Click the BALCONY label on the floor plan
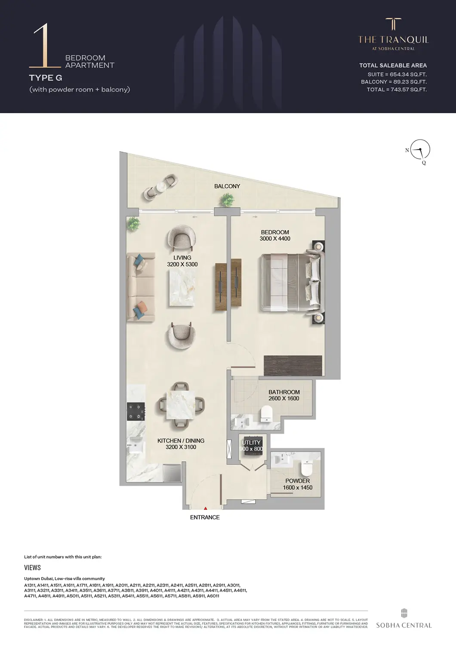pos(227,186)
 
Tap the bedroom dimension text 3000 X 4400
pos(275,239)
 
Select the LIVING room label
pos(182,258)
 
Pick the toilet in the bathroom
pos(267,414)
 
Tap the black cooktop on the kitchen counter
pos(136,411)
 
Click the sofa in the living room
pos(140,287)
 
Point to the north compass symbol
pos(420,150)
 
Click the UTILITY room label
pos(251,443)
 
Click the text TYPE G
pos(46,78)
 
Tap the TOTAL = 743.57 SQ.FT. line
pos(397,90)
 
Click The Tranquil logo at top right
pos(394,34)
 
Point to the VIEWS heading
pos(33,568)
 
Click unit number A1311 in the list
pos(30,586)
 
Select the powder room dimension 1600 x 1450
pos(298,488)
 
